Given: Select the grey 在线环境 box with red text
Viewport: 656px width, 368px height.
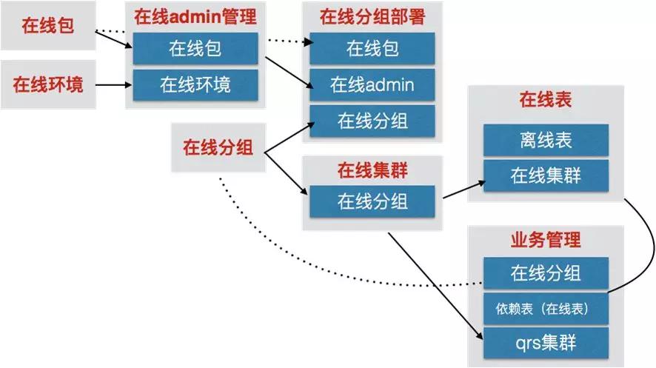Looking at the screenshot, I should tap(47, 84).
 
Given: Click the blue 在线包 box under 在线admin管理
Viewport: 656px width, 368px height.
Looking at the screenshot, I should tap(195, 50).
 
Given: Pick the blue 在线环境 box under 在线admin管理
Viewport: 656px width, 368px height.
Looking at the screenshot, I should tap(195, 84).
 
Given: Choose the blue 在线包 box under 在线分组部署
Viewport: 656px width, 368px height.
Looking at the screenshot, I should tap(372, 50).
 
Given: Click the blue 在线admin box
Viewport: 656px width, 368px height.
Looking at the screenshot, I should tap(372, 84).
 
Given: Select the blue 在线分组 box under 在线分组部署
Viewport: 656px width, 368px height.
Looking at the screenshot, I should tap(372, 120).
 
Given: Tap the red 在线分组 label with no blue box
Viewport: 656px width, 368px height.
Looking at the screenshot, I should tap(218, 147).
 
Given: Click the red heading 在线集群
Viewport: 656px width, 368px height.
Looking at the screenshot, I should tap(372, 171).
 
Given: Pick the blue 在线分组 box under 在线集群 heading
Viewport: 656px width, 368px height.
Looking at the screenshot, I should tap(372, 201).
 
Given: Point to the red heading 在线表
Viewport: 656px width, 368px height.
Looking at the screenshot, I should tap(546, 101).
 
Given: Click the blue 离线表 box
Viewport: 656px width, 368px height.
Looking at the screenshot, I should tap(546, 140).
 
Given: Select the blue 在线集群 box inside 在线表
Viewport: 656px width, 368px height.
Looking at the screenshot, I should tap(546, 175).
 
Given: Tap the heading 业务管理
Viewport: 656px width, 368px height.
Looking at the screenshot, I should tap(546, 240).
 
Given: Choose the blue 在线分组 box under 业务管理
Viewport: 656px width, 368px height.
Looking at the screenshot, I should tap(546, 273).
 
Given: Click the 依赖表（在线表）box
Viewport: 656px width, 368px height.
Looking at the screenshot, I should tap(546, 308).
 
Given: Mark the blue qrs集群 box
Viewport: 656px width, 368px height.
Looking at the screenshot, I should tap(546, 344).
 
